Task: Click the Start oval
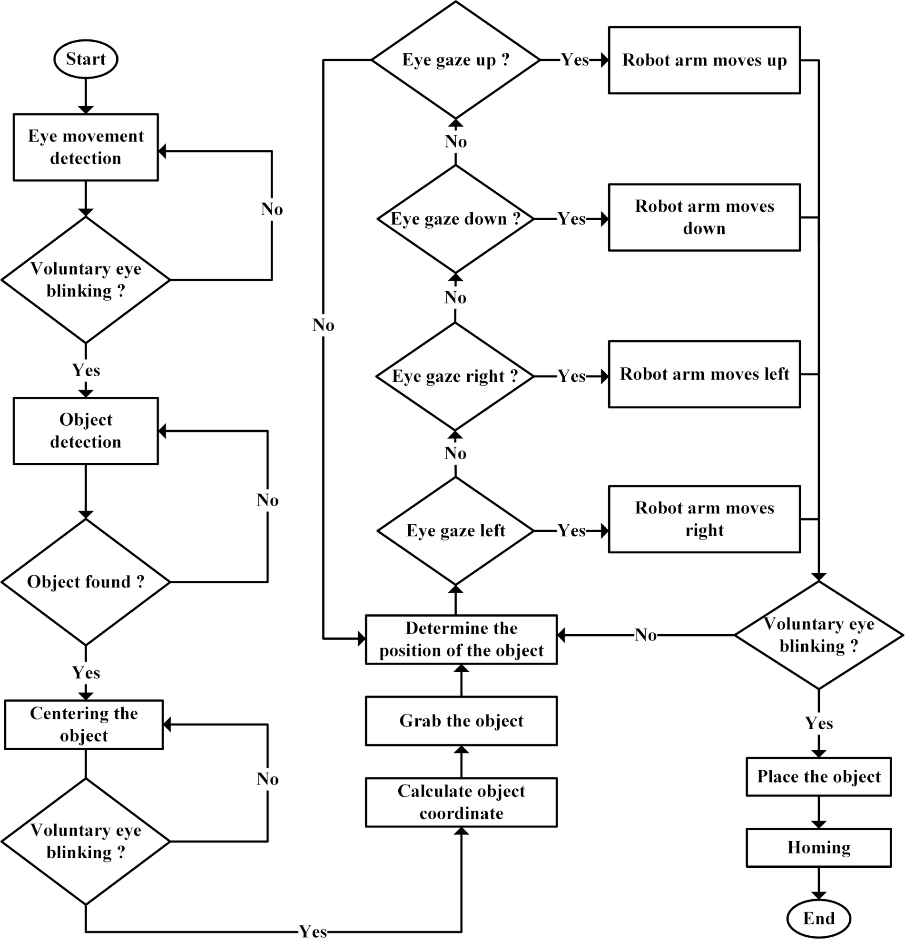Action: point(85,59)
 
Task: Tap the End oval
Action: point(818,918)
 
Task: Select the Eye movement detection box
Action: point(85,147)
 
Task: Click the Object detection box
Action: point(85,431)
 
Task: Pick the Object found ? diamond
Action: point(85,582)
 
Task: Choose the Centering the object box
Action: point(84,725)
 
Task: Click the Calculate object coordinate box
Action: point(461,803)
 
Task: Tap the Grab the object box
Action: point(461,721)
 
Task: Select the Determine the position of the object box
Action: point(461,639)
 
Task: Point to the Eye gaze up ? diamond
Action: point(455,60)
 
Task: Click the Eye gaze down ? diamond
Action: point(455,219)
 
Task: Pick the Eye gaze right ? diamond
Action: point(455,376)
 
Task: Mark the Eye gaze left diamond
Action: point(455,531)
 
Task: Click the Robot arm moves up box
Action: point(704,60)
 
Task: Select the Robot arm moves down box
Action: point(704,217)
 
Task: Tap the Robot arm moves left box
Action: point(704,374)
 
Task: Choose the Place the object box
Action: point(819,776)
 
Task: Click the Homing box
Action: point(819,847)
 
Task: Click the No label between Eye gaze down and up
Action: point(455,142)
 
